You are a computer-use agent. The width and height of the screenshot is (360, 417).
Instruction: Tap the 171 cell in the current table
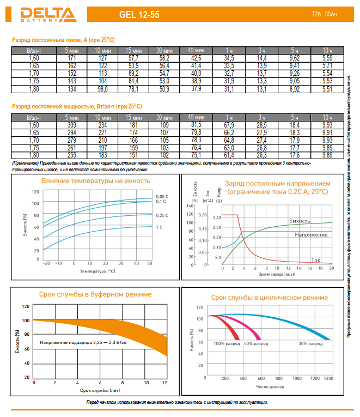point(71,58)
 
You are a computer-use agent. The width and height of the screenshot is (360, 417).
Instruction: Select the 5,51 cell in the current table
point(327,89)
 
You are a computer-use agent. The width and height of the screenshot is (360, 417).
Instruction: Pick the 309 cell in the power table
point(71,125)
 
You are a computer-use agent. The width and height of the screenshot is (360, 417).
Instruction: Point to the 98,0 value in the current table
point(103,89)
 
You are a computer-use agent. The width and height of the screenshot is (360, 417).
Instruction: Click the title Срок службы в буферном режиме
point(95,294)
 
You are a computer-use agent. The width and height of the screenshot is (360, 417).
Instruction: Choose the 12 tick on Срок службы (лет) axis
point(164,384)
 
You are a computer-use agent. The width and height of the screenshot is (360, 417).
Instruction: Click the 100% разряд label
point(226,344)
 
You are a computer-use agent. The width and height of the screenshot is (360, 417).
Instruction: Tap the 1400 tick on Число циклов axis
point(328,378)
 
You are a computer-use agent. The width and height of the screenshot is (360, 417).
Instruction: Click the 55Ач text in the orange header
point(331,13)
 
